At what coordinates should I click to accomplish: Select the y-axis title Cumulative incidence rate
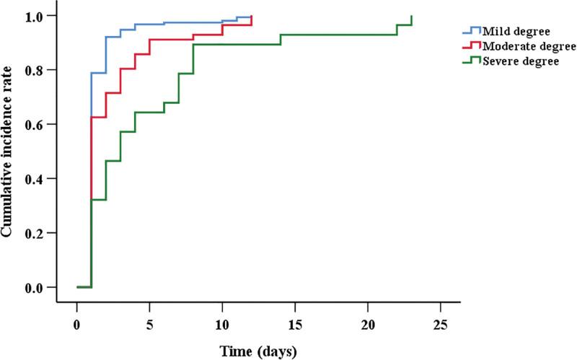(x=9, y=151)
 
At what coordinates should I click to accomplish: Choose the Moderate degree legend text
(x=522, y=47)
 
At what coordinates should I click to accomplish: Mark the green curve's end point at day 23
(x=411, y=17)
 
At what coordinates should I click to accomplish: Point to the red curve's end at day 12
(x=251, y=17)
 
